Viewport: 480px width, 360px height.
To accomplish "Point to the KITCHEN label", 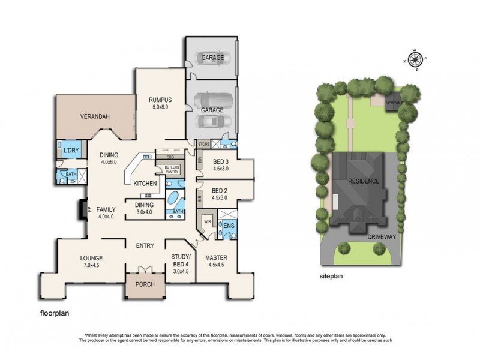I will [145, 183].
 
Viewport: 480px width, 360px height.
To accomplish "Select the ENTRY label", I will [145, 245].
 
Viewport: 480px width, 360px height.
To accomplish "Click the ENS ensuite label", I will [228, 226].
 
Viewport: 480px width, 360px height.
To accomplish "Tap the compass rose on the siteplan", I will [415, 59].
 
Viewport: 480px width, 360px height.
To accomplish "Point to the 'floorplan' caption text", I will [57, 313].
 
